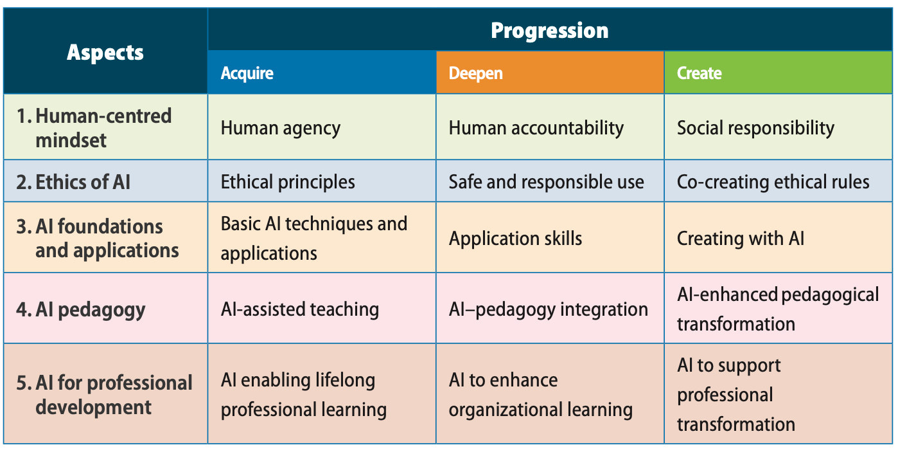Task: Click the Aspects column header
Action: [x=105, y=52]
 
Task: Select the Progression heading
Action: [x=549, y=30]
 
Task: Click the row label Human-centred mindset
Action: [x=103, y=128]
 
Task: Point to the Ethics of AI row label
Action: [x=73, y=182]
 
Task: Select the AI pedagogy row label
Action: [x=81, y=309]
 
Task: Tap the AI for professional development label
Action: [x=104, y=395]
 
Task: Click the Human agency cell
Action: [x=280, y=128]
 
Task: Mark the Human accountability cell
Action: [x=536, y=128]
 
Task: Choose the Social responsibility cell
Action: [x=755, y=128]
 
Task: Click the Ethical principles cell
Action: [x=288, y=182]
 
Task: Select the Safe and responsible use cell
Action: [x=546, y=182]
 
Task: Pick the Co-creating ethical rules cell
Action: [x=773, y=182]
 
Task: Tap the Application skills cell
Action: [x=515, y=239]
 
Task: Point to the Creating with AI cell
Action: [x=740, y=239]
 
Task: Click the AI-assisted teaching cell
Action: [x=299, y=309]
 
